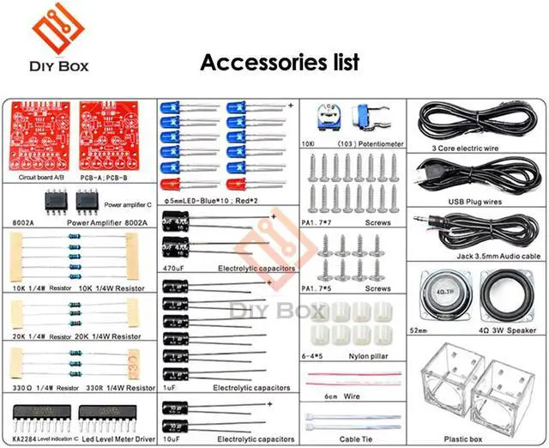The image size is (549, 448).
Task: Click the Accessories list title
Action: (x=279, y=63)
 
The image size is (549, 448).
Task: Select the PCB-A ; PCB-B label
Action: (x=106, y=178)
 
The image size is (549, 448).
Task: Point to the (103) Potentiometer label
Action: (x=371, y=144)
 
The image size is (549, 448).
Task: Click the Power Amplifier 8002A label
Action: (x=107, y=222)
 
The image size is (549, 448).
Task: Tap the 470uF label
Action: (x=174, y=268)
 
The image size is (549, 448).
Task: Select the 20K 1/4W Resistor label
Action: (x=109, y=336)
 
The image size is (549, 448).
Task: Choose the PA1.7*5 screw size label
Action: (x=317, y=289)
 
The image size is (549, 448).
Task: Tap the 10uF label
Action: (x=172, y=439)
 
